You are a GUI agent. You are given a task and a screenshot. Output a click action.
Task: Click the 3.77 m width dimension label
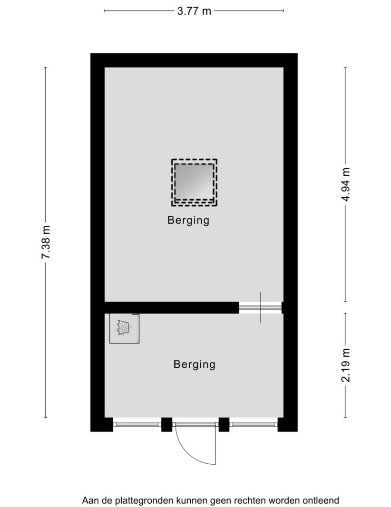[x=194, y=11]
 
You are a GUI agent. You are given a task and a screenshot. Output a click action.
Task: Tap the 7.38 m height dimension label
[x=46, y=242]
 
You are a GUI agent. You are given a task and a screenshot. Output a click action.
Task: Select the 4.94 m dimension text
[x=346, y=184]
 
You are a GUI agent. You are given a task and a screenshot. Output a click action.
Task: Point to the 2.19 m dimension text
[x=346, y=365]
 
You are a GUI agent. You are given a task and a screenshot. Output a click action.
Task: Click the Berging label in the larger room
[x=188, y=220]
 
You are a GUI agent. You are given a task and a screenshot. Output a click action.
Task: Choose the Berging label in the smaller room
[x=195, y=365]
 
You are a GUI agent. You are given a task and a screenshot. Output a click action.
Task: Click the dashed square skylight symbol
[x=194, y=182]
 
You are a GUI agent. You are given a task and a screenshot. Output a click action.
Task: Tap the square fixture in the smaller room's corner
[x=125, y=328]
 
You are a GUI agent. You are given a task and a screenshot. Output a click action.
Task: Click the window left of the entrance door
[x=137, y=424]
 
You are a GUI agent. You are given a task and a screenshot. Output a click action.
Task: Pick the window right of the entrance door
[x=254, y=424]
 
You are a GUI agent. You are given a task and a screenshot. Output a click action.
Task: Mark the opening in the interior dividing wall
[x=260, y=307]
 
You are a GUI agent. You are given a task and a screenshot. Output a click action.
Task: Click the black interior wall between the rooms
[x=172, y=307]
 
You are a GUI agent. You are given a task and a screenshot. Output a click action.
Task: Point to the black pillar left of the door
[x=166, y=424]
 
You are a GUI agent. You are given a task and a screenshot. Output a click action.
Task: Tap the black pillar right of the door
[x=224, y=424]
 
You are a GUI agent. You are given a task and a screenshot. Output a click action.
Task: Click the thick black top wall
[x=194, y=60]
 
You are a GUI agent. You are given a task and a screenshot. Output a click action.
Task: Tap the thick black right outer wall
[x=291, y=242]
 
